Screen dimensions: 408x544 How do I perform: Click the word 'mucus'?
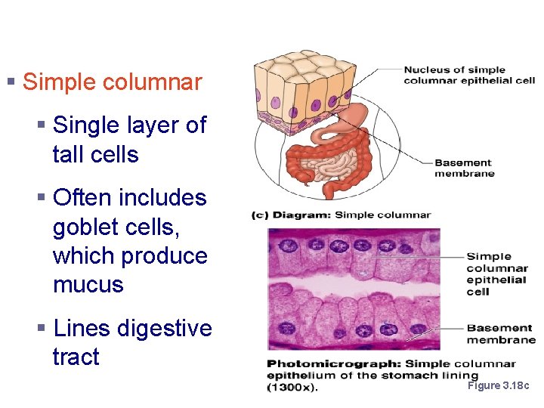(88, 285)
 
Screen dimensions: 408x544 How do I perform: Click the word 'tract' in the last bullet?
(76, 357)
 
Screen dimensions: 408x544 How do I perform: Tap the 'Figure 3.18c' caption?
(499, 385)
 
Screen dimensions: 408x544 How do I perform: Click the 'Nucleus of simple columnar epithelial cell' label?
(468, 76)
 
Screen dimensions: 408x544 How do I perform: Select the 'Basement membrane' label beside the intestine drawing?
(464, 168)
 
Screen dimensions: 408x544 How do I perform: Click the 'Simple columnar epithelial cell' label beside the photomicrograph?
(497, 274)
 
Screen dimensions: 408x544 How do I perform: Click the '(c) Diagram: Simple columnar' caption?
(341, 215)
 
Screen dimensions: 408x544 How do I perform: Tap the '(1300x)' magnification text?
(292, 388)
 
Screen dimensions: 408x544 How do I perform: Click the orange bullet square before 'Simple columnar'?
(11, 80)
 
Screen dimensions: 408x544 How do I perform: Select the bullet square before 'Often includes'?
(42, 198)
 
